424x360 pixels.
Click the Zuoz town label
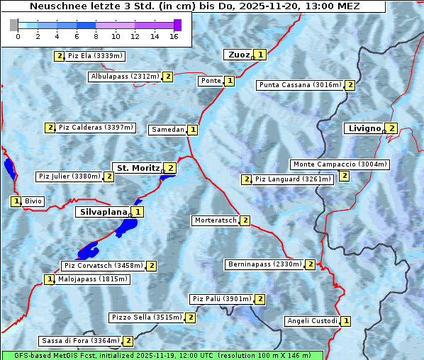238,55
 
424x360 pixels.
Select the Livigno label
363,128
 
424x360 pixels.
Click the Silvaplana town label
103,212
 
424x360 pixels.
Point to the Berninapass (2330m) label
265,264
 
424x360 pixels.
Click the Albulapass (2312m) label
125,77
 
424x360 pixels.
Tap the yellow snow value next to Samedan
193,130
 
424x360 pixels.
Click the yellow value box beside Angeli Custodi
345,321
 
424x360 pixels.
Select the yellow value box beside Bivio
16,201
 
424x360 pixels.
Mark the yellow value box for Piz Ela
58,55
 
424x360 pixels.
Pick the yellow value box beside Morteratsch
245,220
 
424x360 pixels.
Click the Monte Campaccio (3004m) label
340,164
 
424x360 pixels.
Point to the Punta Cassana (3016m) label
300,85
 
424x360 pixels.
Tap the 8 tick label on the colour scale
96,36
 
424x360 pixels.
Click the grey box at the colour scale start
14,25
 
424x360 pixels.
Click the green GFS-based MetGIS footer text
162,355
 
